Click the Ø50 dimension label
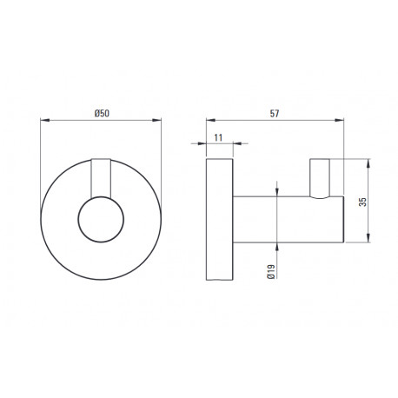pos(102,113)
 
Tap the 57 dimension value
pos(275,114)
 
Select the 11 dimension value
pos(218,137)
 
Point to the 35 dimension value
pos(362,202)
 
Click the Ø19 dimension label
pos(272,271)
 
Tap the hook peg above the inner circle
pos(101,178)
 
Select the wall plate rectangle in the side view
pos(220,219)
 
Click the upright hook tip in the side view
pos(320,178)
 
